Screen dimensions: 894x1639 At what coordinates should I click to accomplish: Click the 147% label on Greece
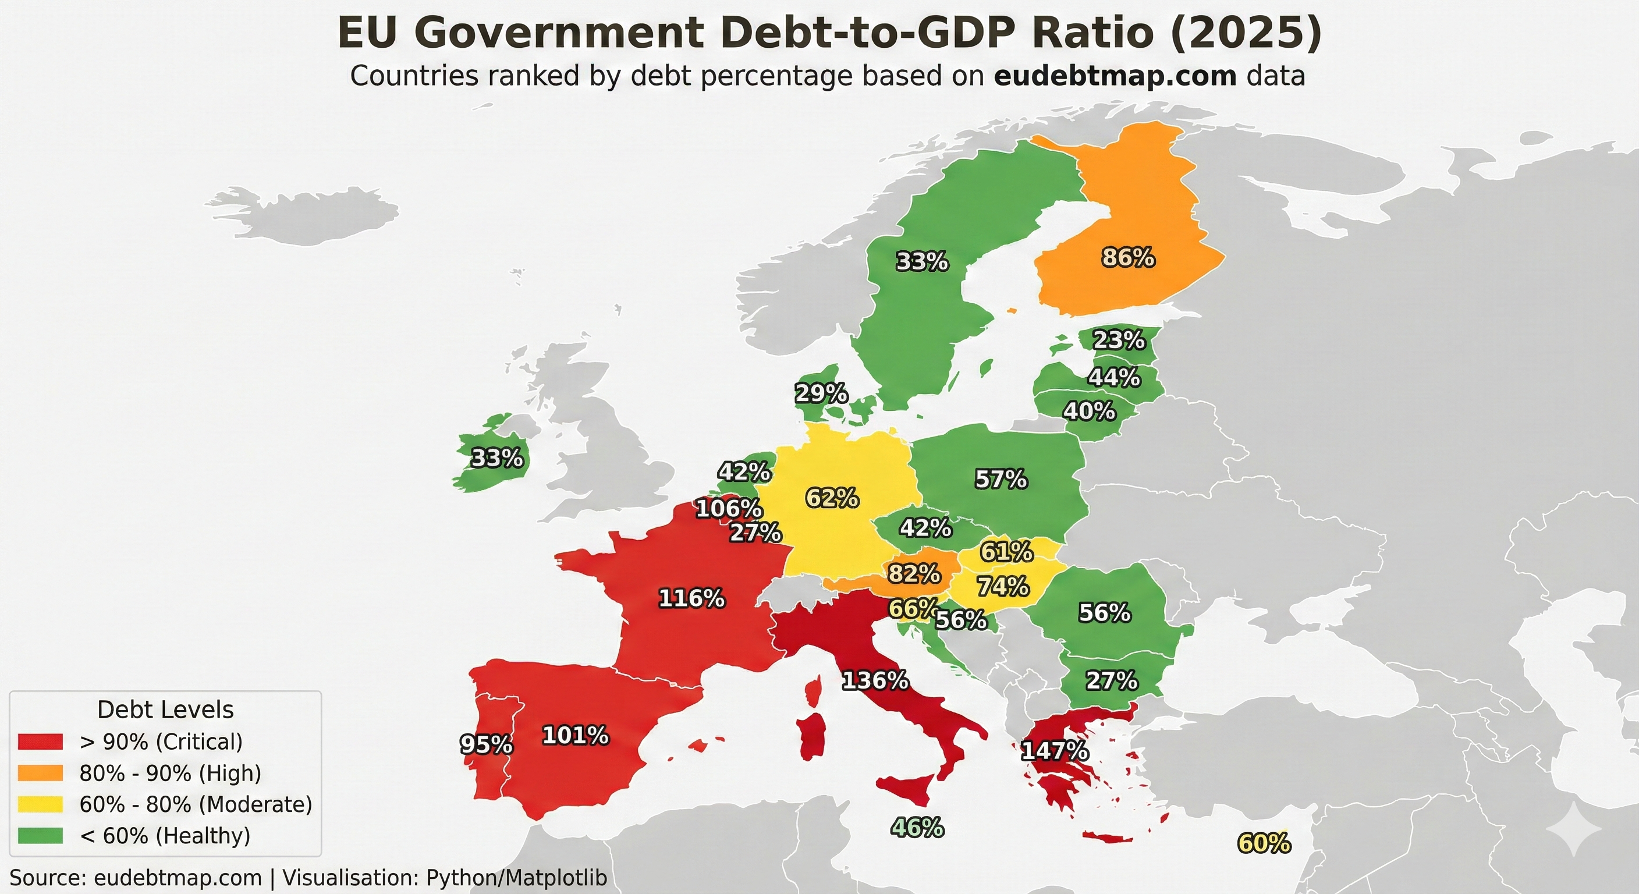1054,751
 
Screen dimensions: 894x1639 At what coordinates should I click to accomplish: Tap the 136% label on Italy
875,682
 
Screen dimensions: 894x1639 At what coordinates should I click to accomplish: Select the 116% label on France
691,599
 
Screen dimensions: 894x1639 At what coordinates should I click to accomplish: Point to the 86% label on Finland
1128,258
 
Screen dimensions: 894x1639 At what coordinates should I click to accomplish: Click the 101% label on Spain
575,736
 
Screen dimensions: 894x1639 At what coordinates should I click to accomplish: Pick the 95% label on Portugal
486,744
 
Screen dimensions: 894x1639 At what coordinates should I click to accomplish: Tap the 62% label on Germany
832,498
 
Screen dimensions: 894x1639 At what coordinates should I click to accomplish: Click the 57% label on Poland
1001,479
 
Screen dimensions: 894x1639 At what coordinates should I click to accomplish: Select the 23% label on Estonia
1119,340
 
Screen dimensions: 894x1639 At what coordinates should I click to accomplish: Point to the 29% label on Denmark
821,394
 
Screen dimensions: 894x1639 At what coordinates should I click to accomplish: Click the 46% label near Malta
917,828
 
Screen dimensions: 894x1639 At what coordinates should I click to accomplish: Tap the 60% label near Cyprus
1264,844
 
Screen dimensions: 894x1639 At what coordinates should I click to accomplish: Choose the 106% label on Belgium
729,508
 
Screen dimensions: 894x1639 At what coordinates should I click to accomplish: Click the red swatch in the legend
40,742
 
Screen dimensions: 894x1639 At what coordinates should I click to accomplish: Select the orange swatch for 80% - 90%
40,773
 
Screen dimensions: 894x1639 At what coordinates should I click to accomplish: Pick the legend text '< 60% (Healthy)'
165,835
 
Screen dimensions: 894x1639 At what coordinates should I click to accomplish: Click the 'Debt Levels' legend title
165,709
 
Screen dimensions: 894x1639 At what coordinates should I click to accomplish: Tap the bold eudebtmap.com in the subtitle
1115,76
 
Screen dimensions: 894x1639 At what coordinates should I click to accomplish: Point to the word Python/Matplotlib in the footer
516,878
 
